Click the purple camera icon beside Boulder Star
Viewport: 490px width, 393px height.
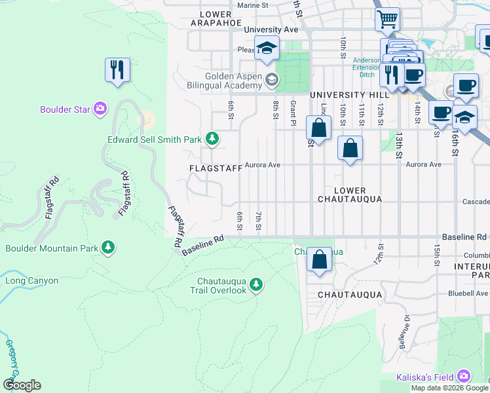pyautogui.click(x=100, y=109)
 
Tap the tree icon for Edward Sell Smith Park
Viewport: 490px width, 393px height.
pyautogui.click(x=212, y=138)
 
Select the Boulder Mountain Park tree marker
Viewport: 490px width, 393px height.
pyautogui.click(x=108, y=248)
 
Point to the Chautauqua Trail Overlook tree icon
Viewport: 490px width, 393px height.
pyautogui.click(x=256, y=285)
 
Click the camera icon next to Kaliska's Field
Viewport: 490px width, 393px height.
pyautogui.click(x=464, y=376)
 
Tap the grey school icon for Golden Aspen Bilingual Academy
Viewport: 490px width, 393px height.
pyautogui.click(x=272, y=81)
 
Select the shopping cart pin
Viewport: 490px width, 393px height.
pyautogui.click(x=388, y=20)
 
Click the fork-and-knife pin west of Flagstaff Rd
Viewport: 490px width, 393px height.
pyautogui.click(x=117, y=69)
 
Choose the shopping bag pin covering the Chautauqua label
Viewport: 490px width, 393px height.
pyautogui.click(x=319, y=259)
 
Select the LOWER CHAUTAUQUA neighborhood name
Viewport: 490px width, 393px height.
pyautogui.click(x=349, y=194)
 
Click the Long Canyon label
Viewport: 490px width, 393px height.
pyautogui.click(x=32, y=281)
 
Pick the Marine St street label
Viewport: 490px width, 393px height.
pyautogui.click(x=253, y=5)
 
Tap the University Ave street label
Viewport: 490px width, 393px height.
pyautogui.click(x=271, y=29)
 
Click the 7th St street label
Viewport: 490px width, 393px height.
pyautogui.click(x=259, y=221)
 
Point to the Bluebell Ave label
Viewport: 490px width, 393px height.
pyautogui.click(x=467, y=293)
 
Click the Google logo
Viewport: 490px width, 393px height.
pyautogui.click(x=22, y=385)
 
